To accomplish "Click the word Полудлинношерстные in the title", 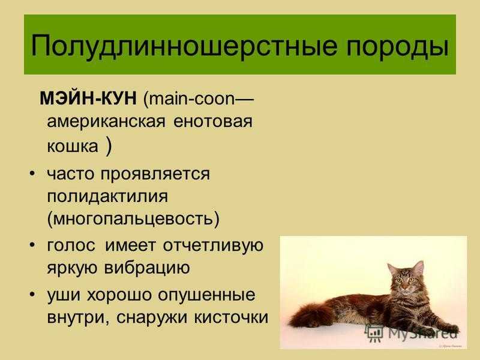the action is [184, 46].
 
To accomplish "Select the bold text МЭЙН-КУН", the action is [88, 98].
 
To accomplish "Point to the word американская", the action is [106, 122].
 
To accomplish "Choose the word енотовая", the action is [213, 122].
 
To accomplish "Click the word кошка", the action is [73, 146].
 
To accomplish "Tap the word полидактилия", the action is [107, 196].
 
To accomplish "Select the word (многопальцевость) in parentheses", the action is [133, 219].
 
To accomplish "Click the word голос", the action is [71, 245].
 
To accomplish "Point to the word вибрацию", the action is [147, 268].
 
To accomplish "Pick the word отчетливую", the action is [213, 245].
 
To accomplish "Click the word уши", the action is [63, 295].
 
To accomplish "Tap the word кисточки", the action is [231, 317].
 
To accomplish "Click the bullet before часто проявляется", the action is [32, 173].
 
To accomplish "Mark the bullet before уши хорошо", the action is [32, 294].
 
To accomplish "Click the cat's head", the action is [405, 278].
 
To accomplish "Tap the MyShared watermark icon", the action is [374, 333].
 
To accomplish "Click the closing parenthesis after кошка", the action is [109, 146].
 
